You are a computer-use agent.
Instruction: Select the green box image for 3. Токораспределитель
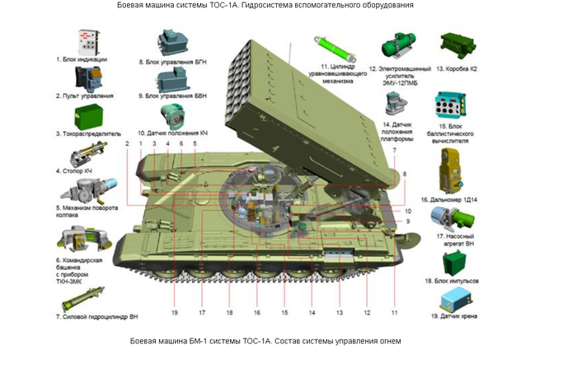point(85,115)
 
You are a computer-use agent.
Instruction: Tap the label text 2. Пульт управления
point(85,96)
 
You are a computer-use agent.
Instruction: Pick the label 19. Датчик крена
point(455,316)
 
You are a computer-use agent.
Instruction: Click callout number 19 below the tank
point(175,313)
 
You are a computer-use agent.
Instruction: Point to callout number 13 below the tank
point(340,313)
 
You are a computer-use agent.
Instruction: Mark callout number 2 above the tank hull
point(128,144)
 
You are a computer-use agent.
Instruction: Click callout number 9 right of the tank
point(406,222)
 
